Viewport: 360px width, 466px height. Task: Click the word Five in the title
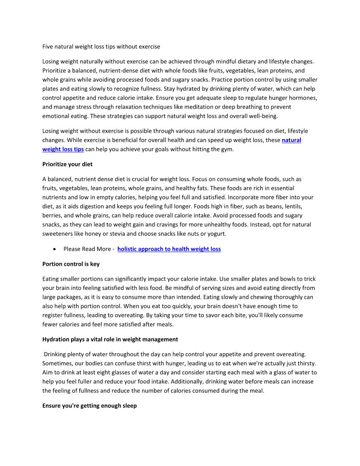click(x=48, y=46)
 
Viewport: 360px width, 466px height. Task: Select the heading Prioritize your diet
click(x=67, y=164)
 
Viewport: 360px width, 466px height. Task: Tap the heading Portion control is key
click(x=71, y=264)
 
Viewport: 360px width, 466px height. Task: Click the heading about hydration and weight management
click(x=110, y=339)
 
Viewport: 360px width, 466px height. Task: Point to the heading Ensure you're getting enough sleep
click(x=89, y=406)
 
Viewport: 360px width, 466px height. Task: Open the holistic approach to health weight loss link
click(x=169, y=249)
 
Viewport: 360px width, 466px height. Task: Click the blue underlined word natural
click(x=291, y=140)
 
